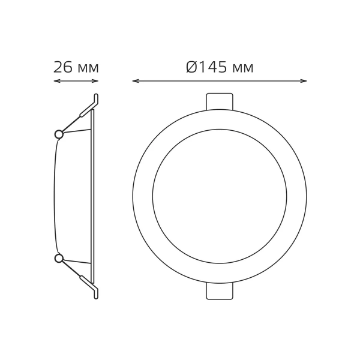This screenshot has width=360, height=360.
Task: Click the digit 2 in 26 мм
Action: [58, 67]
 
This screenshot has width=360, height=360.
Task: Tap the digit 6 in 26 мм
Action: [68, 67]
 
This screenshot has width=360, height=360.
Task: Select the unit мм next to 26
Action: [88, 68]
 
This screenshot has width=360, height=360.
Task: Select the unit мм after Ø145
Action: [242, 68]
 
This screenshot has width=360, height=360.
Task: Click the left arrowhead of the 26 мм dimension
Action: [56, 81]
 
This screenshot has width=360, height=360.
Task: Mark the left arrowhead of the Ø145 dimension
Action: [134, 81]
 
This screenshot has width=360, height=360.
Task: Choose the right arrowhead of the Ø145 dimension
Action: [305, 81]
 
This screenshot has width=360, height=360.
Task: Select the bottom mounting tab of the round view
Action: [220, 292]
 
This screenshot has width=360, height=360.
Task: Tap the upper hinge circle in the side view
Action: [59, 134]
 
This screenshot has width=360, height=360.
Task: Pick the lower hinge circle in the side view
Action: [59, 258]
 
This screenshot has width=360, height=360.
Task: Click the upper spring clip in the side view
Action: [88, 108]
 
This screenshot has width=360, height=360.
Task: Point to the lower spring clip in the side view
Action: [88, 284]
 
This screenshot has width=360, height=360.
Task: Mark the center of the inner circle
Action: [220, 196]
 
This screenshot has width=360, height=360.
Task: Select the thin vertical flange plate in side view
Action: [93, 196]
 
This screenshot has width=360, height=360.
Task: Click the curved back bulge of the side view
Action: [55, 196]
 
